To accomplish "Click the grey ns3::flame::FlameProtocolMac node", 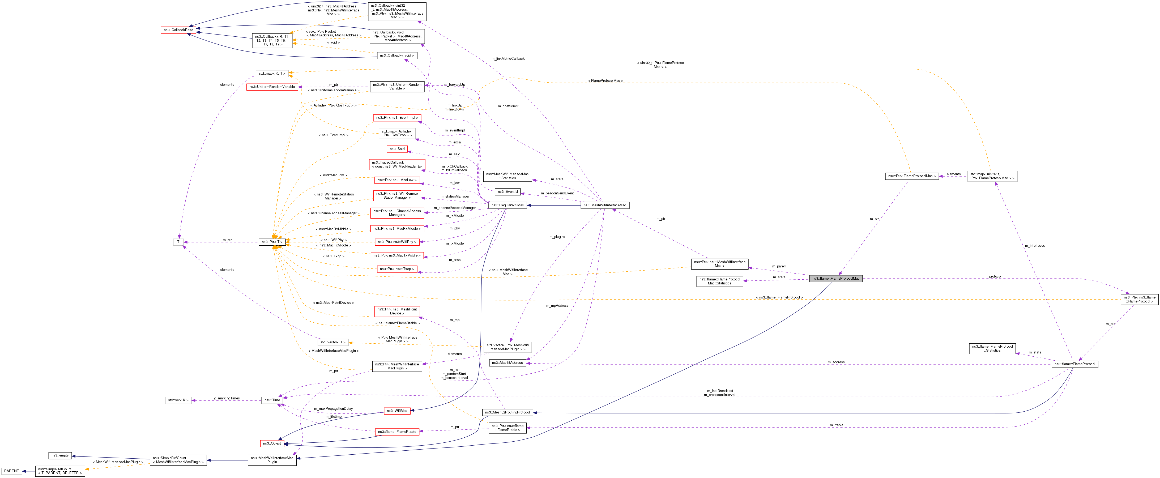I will (x=835, y=279).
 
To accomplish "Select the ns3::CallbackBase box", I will (x=178, y=30).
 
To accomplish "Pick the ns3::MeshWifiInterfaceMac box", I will (x=604, y=205).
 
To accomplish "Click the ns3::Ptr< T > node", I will (x=272, y=242).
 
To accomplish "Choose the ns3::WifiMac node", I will (x=397, y=411).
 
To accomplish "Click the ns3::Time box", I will (x=272, y=400).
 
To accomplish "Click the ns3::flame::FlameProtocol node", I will (x=1074, y=364).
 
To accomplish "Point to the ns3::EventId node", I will (x=507, y=192).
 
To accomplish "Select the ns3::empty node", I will (x=60, y=455).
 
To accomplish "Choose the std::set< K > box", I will (x=178, y=400).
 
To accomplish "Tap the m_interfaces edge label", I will (x=1034, y=246).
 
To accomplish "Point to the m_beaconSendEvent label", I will (x=557, y=193).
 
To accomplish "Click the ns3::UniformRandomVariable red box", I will (x=272, y=87).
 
